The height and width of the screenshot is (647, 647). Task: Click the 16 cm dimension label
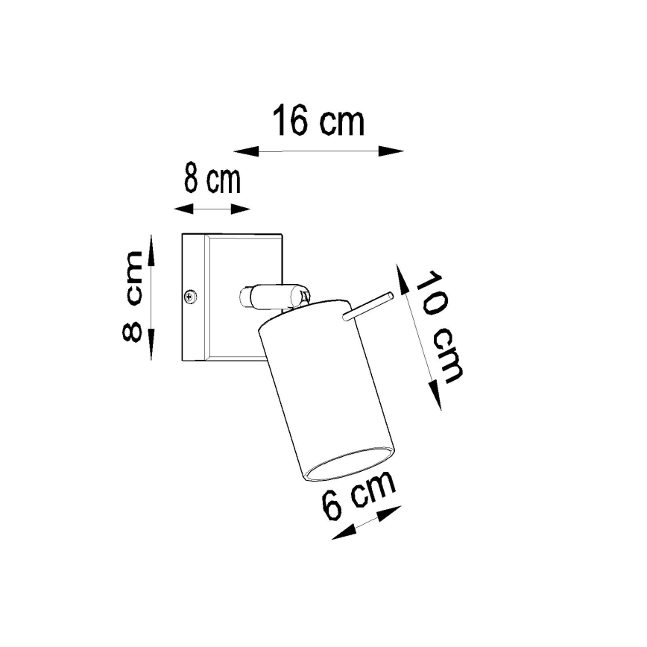point(318,121)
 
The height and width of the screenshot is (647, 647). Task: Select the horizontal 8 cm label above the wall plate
point(212,180)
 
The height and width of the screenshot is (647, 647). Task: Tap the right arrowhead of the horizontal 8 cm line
point(242,209)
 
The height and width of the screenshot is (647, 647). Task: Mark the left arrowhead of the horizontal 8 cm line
point(183,209)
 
